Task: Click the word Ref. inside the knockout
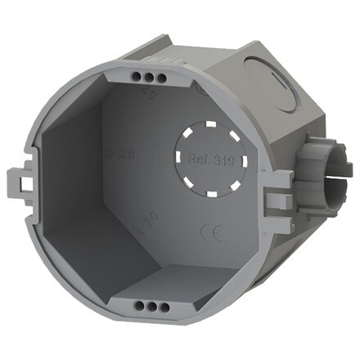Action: point(199,161)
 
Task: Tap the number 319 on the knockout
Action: point(223,161)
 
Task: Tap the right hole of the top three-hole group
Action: point(162,78)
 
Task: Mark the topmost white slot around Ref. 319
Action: point(209,125)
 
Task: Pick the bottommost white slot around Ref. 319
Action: point(209,196)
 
